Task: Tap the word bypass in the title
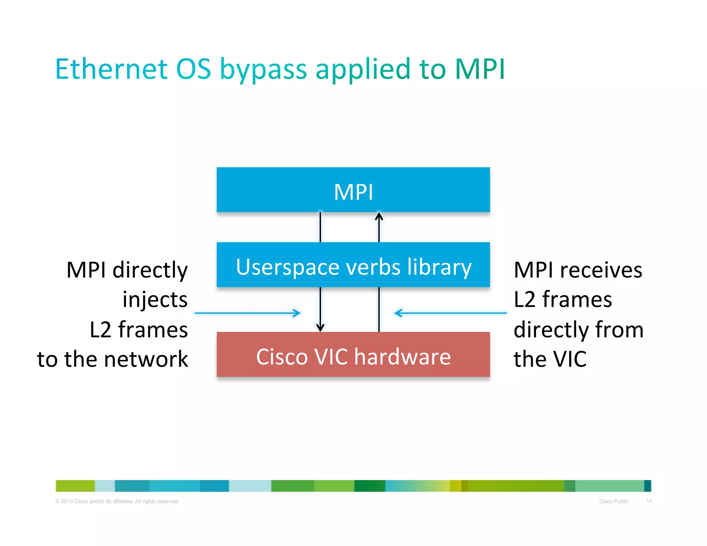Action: coord(263,70)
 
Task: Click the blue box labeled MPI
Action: coord(353,190)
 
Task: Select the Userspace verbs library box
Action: coord(353,265)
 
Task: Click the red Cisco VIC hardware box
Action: coord(353,355)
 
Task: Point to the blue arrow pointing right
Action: coord(248,313)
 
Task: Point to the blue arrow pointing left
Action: coord(450,313)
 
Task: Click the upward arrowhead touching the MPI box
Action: coord(379,216)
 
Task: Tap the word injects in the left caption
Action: coord(155,300)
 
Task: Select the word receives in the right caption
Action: coord(601,270)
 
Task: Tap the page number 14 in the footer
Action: coord(649,501)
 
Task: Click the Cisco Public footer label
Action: coord(614,501)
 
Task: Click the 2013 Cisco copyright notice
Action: coord(117,501)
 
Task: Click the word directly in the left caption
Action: coord(150,270)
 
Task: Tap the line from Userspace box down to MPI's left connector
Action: coord(320,227)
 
